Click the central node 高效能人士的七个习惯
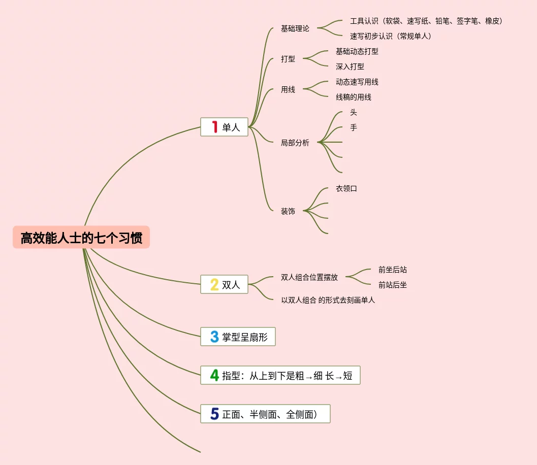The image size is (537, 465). [81, 238]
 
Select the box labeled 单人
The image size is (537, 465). [224, 127]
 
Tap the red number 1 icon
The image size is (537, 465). [215, 127]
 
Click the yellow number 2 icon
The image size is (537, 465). [215, 285]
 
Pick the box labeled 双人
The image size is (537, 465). [224, 285]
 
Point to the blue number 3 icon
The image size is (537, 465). [215, 337]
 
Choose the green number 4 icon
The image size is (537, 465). [215, 375]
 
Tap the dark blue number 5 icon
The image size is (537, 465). [215, 414]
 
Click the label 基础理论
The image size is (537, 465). [295, 28]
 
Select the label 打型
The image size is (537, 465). [288, 59]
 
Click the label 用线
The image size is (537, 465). [288, 89]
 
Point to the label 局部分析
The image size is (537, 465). [295, 143]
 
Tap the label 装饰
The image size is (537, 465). [288, 211]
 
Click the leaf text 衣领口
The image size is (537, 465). [346, 188]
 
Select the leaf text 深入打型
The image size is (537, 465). [350, 67]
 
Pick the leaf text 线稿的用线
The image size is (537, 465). [353, 97]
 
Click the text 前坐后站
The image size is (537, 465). [392, 270]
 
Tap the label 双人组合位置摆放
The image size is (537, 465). [309, 277]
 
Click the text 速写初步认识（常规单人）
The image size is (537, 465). [390, 36]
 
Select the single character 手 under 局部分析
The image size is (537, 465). [353, 127]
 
